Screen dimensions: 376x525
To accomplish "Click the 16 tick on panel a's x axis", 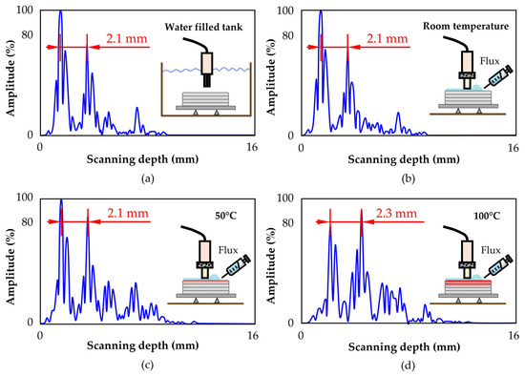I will click(252, 149).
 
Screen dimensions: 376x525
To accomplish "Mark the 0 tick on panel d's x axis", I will click(301, 336).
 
